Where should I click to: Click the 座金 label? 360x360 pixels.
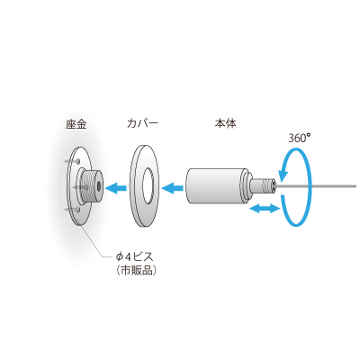coord(76,124)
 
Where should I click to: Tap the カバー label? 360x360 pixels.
coord(142,123)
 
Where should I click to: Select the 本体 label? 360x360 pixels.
coord(225,123)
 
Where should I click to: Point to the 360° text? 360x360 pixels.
coord(300,138)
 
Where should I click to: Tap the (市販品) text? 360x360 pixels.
coord(136,271)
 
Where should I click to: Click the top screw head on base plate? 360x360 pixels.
coord(78,161)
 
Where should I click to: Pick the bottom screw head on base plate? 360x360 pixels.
coord(77,210)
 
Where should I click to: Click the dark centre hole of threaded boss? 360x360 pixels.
coord(99,186)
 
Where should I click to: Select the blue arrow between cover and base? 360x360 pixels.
coord(116,188)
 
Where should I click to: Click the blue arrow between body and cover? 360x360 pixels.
coord(173,188)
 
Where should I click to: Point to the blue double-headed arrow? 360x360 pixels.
coord(265,208)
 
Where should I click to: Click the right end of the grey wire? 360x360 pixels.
coord(355,186)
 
